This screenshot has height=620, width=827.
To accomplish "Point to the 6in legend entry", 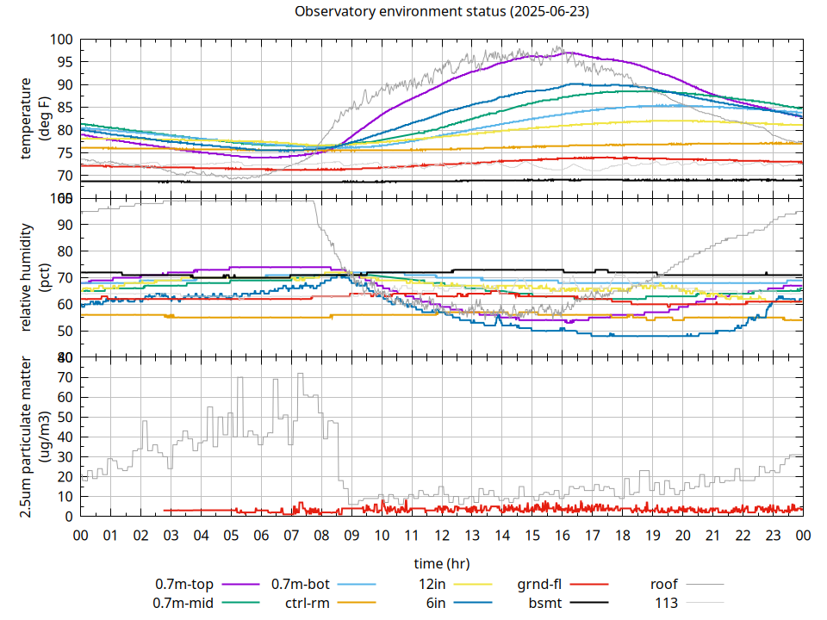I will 436,603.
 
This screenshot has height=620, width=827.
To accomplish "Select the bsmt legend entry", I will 546,603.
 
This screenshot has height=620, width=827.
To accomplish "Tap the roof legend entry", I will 663,585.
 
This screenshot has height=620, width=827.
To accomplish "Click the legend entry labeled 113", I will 667,603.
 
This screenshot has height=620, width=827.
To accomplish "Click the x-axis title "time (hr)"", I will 442,563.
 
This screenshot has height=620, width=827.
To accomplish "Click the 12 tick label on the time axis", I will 442,535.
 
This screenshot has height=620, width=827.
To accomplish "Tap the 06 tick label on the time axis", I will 261,535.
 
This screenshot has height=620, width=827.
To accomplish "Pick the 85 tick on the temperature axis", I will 61,108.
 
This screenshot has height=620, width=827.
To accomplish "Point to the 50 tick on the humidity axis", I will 61,331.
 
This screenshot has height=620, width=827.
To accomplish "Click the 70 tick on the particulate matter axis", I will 61,377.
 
